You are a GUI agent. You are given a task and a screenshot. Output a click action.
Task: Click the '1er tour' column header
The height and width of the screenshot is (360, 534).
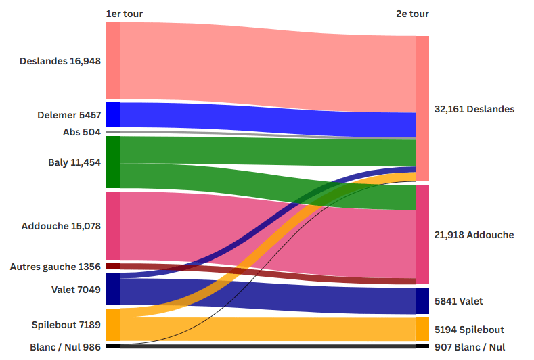[x=125, y=14]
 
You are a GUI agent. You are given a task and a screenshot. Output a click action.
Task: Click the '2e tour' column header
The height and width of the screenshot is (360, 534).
[x=412, y=14]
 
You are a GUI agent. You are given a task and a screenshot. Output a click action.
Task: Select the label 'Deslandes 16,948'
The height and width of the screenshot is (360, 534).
[x=60, y=61]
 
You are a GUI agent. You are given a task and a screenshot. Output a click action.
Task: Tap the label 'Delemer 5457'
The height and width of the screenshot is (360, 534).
[x=69, y=115]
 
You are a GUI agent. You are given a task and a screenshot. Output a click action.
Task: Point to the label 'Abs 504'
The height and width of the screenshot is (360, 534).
[x=82, y=132]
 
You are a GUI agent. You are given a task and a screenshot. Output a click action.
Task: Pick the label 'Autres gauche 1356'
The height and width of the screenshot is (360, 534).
[x=55, y=267]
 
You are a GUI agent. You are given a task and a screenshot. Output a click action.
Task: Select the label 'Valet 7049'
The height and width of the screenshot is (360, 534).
[x=76, y=290]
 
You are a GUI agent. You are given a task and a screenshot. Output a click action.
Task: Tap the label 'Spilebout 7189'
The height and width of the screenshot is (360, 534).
[x=66, y=325]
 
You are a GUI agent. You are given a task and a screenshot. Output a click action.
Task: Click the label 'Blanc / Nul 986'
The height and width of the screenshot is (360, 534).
[x=66, y=347]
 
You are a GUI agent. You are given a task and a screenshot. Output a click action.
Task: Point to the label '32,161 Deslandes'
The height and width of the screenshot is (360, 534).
[x=474, y=109]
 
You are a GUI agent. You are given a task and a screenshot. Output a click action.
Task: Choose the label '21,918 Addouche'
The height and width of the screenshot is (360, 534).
[x=474, y=235]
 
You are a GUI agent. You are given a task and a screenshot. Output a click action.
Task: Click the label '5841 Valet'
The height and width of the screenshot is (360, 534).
[x=459, y=301]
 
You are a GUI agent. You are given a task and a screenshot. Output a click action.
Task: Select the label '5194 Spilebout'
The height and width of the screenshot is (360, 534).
[x=469, y=330]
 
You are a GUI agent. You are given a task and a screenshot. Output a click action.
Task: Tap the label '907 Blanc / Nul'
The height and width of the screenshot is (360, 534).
[x=470, y=347]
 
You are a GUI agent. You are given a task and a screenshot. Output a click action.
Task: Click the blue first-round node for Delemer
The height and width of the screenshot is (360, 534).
[x=113, y=114]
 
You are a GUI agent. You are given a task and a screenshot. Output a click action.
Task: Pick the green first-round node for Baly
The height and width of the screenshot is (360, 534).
[x=113, y=162]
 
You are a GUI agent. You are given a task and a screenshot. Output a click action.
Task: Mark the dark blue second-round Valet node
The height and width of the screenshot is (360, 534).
[x=422, y=301]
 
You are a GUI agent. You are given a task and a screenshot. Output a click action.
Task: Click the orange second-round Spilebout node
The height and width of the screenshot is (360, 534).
[x=422, y=330]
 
